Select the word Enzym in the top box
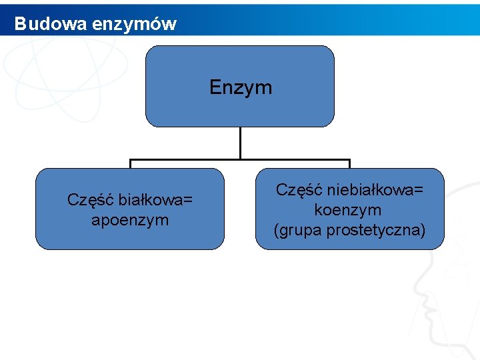[x=241, y=87]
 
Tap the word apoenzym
[x=130, y=219]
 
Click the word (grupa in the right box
[x=295, y=230]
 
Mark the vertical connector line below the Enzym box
[x=240, y=143]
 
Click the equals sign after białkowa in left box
[x=188, y=200]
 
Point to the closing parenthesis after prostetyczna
[x=423, y=231]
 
